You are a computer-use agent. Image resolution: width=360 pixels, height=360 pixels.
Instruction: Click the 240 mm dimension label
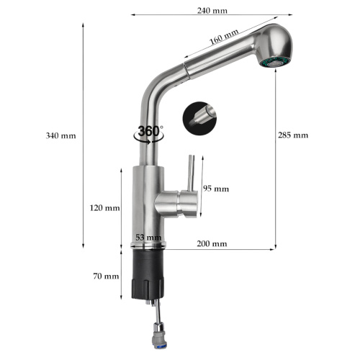[x=212, y=11]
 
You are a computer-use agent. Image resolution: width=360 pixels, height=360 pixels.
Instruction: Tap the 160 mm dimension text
[x=224, y=37]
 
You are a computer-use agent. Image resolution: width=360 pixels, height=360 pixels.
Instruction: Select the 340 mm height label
[x=60, y=136]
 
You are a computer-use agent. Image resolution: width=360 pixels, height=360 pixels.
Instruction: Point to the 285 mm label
[x=293, y=135]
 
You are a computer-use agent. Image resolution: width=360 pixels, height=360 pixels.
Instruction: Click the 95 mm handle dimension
[x=216, y=189]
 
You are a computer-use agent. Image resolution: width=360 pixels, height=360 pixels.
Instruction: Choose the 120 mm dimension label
[x=104, y=208]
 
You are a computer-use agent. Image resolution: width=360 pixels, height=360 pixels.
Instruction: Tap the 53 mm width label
[x=148, y=238]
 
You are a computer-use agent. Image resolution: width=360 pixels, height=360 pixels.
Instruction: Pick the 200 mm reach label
[x=212, y=244]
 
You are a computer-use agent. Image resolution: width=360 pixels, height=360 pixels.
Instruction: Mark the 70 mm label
[x=106, y=276]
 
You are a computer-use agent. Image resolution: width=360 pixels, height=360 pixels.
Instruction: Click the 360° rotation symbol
[x=149, y=135]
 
